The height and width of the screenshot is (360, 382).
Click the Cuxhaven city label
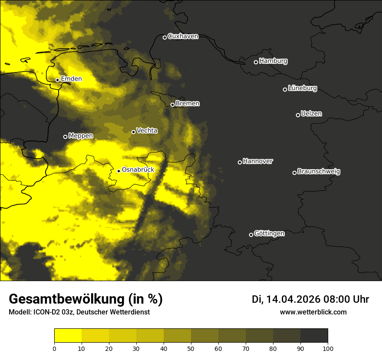pos(183,36)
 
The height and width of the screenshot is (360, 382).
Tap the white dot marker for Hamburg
pos(256,62)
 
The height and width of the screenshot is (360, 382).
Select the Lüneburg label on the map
pos(302,88)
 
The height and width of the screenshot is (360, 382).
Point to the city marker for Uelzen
pos(298,115)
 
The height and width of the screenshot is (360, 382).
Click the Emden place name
pos(71,79)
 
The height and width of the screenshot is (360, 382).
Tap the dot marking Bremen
pos(172,105)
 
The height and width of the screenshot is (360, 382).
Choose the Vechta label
pos(147,131)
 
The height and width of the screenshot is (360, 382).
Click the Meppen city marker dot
pos(65,137)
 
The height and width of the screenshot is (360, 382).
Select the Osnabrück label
pos(138,170)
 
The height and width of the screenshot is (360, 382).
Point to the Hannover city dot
pos(240,162)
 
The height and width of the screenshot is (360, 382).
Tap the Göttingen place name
pos(269,233)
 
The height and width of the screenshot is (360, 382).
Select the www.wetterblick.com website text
pos(313,312)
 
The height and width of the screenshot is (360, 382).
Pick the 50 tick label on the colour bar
pos(191,348)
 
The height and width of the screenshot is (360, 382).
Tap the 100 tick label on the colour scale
pos(328,348)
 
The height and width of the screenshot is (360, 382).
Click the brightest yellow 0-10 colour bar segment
pos(68,335)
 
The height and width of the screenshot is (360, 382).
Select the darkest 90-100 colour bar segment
pos(314,335)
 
